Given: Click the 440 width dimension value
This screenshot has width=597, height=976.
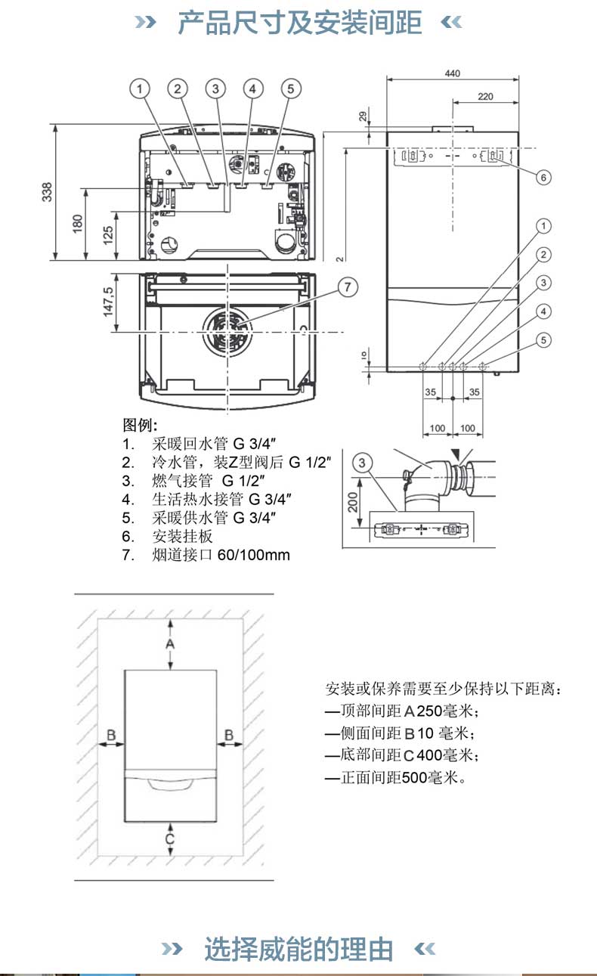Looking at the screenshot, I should coord(452,73).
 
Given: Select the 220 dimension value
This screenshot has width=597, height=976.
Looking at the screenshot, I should coord(485,96).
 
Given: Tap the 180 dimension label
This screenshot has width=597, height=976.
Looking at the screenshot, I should coord(77,224).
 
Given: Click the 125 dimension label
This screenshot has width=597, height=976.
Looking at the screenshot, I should coord(108,235).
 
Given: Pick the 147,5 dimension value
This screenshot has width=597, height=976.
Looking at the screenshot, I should coord(108,300).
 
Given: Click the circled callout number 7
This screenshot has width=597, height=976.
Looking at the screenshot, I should coord(347,287).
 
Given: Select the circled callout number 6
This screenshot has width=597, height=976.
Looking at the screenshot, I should coord(543,177).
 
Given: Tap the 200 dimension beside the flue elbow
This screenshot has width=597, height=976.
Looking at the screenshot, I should coord(353,500).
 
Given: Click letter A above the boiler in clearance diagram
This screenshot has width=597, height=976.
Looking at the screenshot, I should coord(171,643).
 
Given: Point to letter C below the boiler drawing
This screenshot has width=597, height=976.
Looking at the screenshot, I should coord(170,838).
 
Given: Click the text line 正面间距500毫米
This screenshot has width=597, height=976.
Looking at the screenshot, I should coord(395,777).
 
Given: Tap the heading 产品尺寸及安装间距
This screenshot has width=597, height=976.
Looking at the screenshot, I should coord(299,23).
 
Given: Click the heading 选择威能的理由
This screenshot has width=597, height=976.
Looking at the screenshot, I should coord(298,949).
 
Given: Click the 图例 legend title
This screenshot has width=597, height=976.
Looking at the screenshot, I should coord(140,425).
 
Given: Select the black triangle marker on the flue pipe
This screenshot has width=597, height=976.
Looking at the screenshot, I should coord(454,454).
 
